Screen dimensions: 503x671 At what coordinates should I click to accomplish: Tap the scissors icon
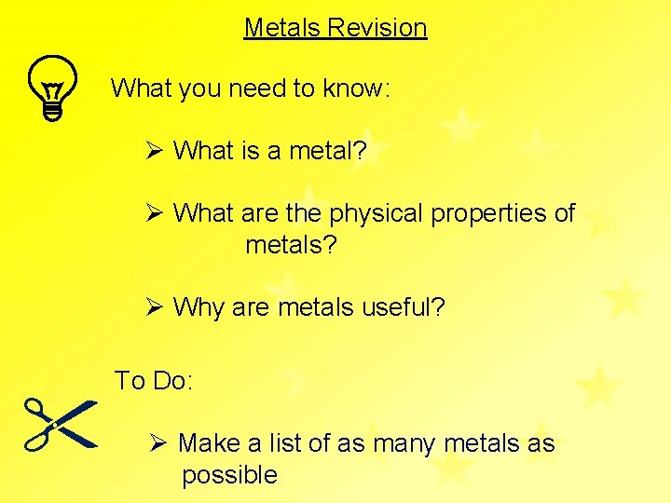click(x=61, y=424)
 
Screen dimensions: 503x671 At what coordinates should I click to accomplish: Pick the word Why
click(x=199, y=306)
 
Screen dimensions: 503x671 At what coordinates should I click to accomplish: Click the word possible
click(x=229, y=475)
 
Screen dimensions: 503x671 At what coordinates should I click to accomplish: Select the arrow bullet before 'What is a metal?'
click(x=155, y=150)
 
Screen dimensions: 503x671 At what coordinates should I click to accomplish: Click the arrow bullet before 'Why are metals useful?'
click(x=155, y=306)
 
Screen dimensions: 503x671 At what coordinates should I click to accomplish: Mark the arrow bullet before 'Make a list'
click(x=158, y=442)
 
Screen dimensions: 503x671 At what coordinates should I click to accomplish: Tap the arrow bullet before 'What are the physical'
click(x=155, y=212)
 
